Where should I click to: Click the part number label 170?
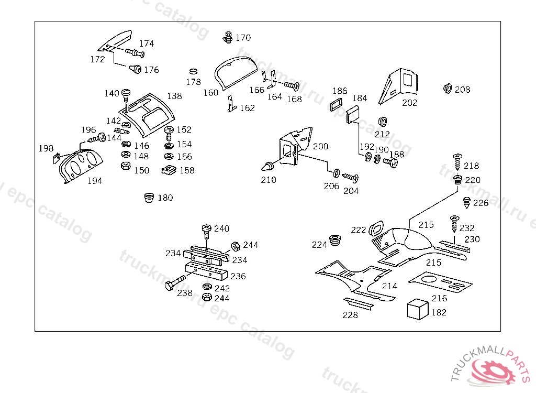tap(243, 38)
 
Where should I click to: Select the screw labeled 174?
tap(135, 52)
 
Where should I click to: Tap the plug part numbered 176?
tap(135, 69)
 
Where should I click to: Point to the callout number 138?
tap(174, 96)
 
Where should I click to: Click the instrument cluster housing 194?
tap(81, 165)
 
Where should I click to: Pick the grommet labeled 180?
tap(149, 198)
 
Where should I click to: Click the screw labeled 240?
tap(206, 230)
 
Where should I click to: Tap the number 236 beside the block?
tap(238, 276)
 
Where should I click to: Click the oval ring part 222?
tap(376, 229)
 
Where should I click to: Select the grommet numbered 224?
tap(334, 242)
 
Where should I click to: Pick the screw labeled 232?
tap(453, 223)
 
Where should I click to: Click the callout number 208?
tap(462, 90)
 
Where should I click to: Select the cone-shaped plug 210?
tap(269, 167)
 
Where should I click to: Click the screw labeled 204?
tap(350, 179)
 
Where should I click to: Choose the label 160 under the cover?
tap(210, 93)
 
